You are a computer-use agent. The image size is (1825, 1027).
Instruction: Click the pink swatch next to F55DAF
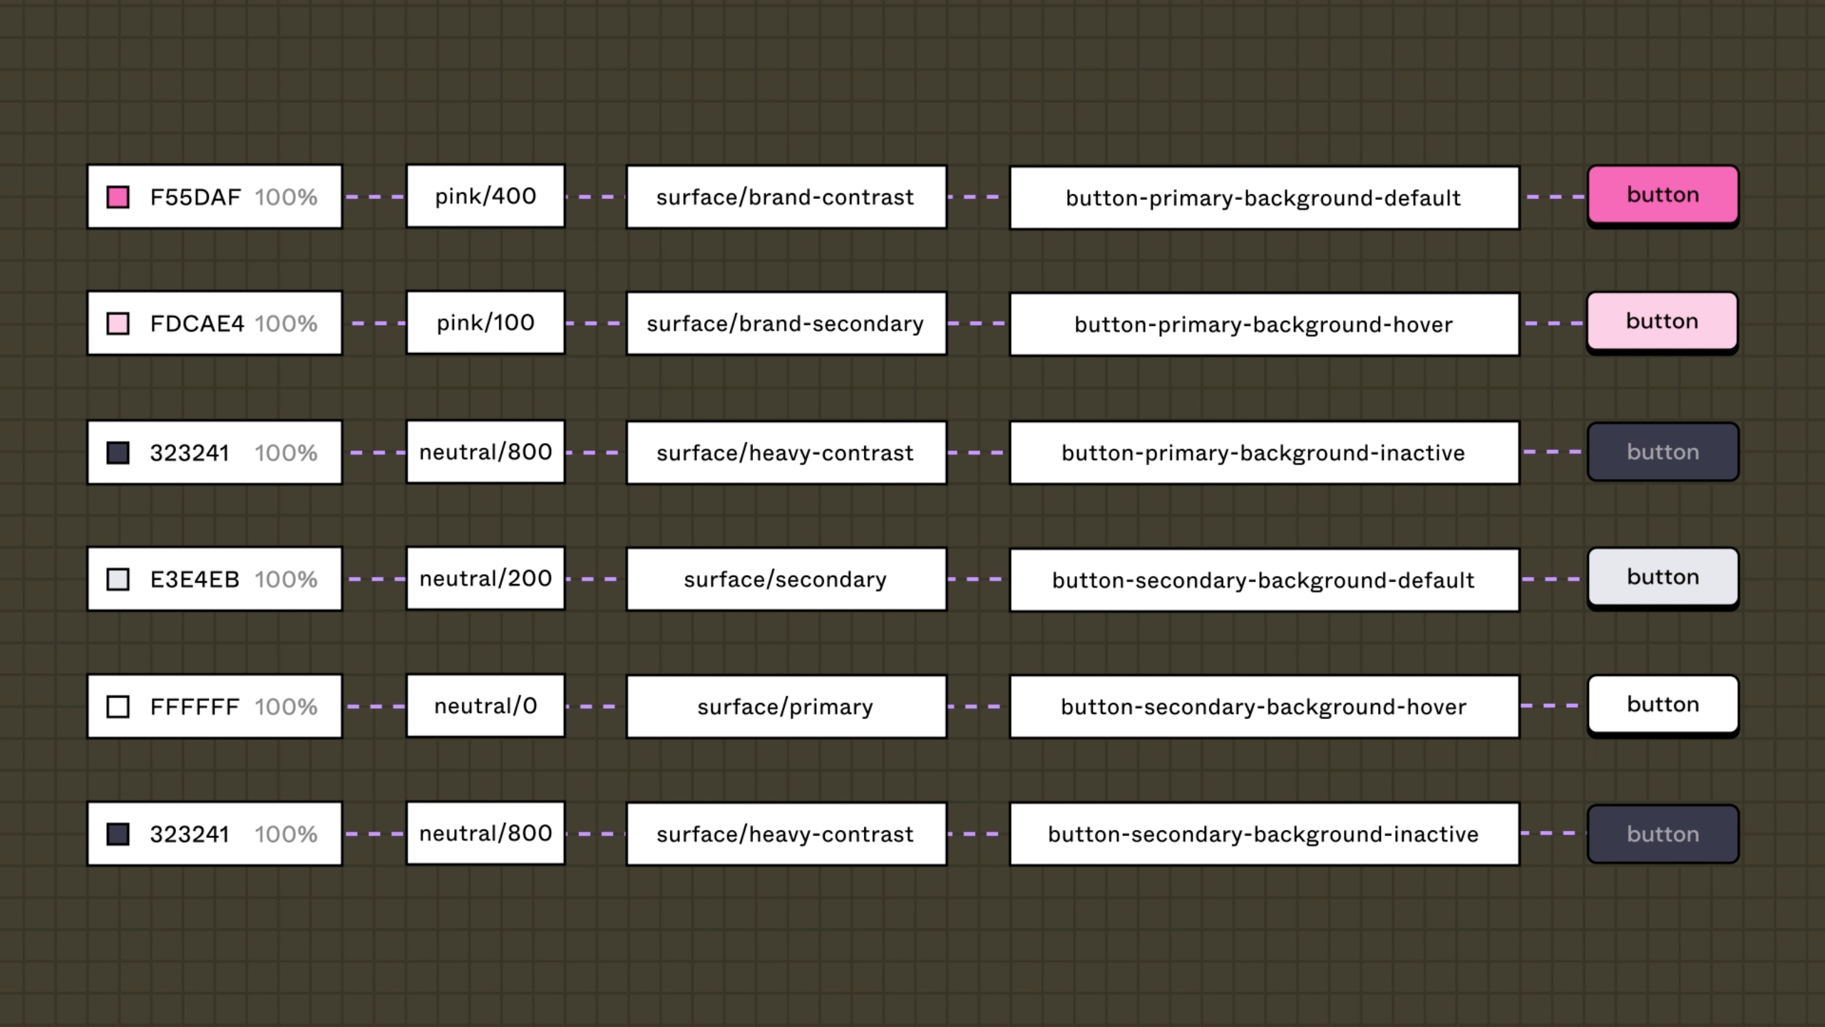(x=118, y=197)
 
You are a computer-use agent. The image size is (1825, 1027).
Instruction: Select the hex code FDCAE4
(x=197, y=324)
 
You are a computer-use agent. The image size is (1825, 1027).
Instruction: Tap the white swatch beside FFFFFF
(x=118, y=707)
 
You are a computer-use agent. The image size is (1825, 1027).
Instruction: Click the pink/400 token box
(x=485, y=196)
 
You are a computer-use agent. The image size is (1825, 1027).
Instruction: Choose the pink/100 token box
(x=485, y=322)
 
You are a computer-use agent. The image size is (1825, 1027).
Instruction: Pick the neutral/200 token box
(x=485, y=578)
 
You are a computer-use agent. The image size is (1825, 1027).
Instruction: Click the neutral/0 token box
(x=485, y=706)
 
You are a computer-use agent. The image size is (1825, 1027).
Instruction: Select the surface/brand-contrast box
(x=786, y=198)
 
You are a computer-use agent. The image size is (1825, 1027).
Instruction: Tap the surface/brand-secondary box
(x=786, y=324)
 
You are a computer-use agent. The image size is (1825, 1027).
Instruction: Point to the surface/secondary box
(x=786, y=580)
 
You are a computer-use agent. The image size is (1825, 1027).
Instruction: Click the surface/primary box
(x=786, y=707)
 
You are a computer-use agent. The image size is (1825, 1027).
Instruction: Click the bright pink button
(x=1663, y=196)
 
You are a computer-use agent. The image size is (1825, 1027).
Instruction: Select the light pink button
(x=1662, y=322)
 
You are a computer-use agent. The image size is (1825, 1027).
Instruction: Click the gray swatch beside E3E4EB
(x=118, y=579)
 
